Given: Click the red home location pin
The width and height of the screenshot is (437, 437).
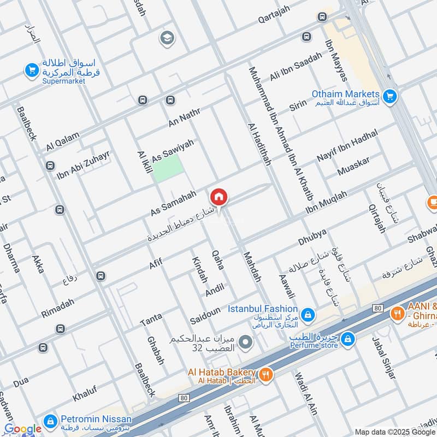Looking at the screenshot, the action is pos(218,197).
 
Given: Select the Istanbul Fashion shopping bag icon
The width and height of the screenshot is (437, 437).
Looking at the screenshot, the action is pos(308,314).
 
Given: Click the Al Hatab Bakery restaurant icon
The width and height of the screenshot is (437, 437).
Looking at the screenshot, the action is pos(265,374).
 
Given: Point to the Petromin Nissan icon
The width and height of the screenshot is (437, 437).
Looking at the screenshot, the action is pos(50,420).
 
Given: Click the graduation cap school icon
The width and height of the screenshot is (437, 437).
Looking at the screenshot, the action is pos(165,38).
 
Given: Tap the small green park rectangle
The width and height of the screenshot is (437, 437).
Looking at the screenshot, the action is pos(167,168).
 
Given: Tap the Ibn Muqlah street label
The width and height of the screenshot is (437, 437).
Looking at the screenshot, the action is pos(326,203).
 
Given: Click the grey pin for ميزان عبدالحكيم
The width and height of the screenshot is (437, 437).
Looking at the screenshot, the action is pos(246,342).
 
